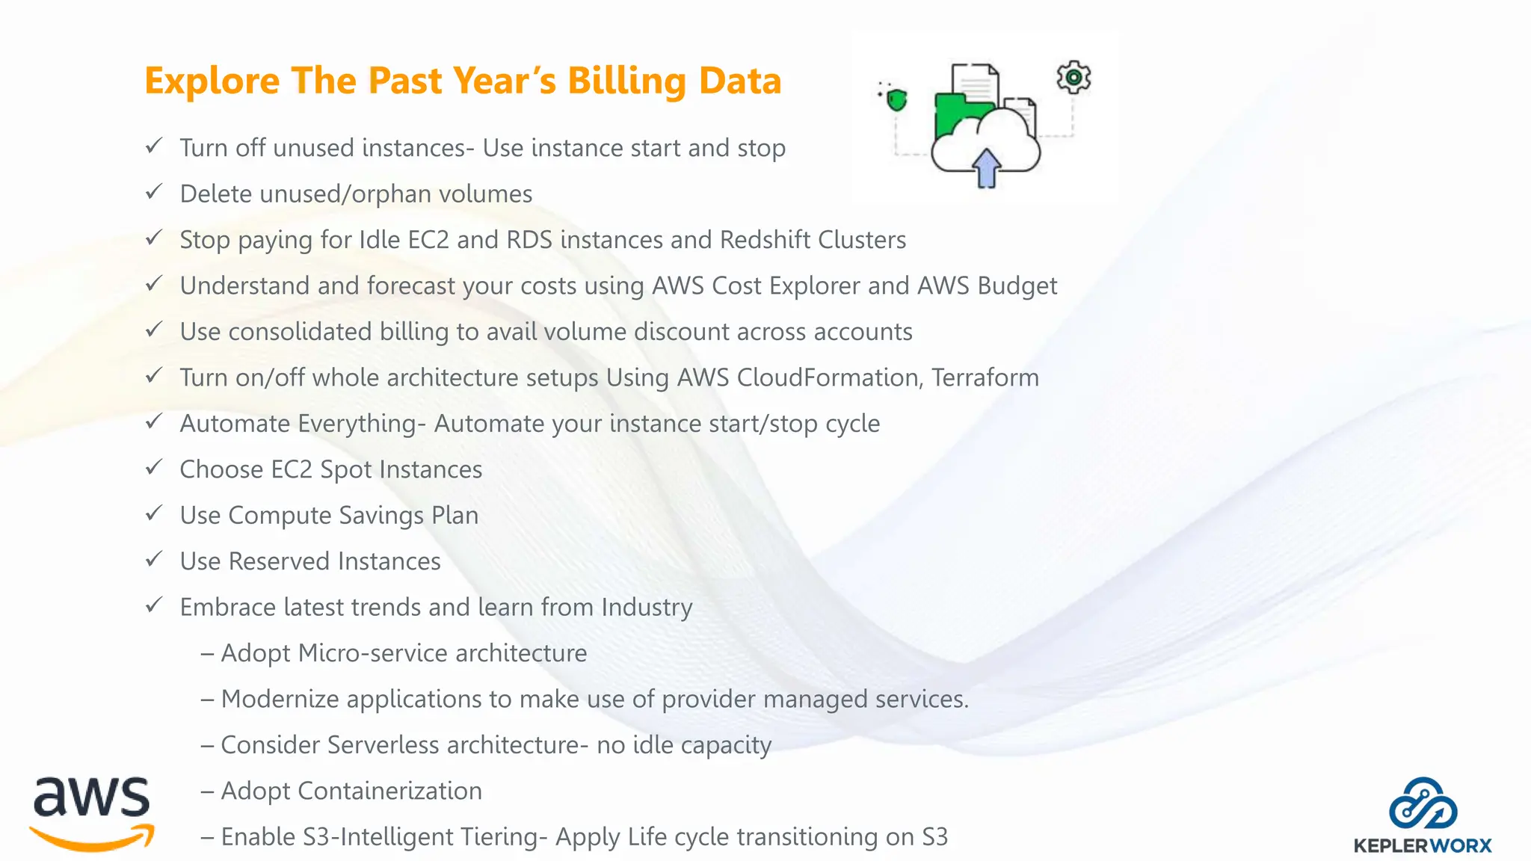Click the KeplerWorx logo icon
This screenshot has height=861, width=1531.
pyautogui.click(x=1423, y=803)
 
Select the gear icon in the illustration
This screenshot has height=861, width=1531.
pyautogui.click(x=1073, y=77)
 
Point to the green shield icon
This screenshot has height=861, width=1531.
pyautogui.click(x=896, y=99)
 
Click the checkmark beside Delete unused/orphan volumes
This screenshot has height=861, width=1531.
pyautogui.click(x=154, y=192)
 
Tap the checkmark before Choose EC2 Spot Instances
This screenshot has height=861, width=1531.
pyautogui.click(x=154, y=468)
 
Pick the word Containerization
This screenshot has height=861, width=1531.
pyautogui.click(x=389, y=791)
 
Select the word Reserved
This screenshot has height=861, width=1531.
pyautogui.click(x=279, y=561)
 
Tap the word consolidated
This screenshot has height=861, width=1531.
pyautogui.click(x=300, y=332)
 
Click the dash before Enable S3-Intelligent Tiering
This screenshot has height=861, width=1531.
pyautogui.click(x=207, y=837)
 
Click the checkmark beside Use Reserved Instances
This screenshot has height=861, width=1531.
pyautogui.click(x=154, y=560)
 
